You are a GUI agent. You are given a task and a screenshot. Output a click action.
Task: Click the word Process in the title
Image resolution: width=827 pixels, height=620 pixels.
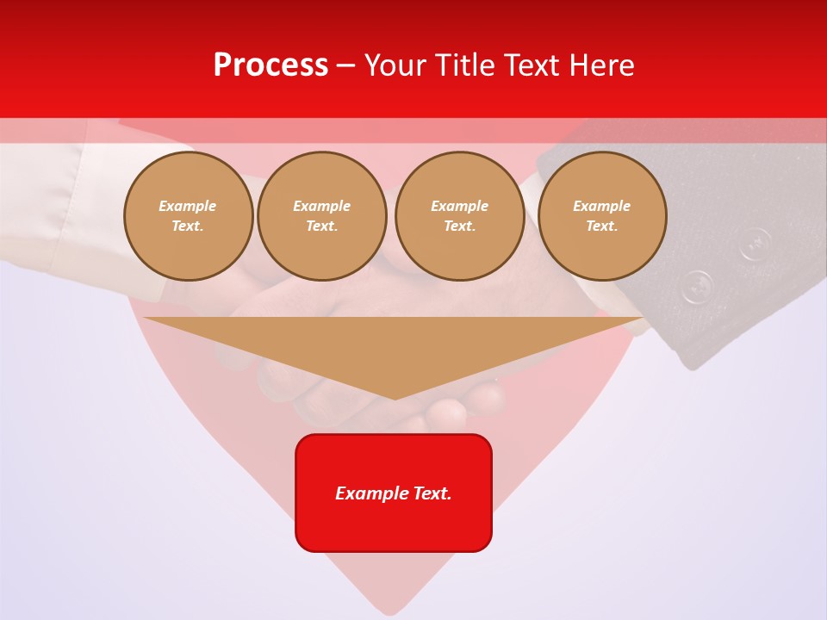[270, 65]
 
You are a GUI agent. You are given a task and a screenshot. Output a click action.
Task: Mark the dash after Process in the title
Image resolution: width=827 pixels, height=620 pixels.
[345, 66]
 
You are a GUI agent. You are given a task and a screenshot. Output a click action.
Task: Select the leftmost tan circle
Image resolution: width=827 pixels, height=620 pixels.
[188, 216]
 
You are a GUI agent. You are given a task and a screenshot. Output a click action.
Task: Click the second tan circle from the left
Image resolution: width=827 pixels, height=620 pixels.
[321, 216]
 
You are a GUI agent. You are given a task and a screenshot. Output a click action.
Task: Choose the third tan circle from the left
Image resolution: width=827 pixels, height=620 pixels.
[459, 216]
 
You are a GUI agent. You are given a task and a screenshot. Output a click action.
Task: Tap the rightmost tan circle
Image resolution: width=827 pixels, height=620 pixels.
[601, 216]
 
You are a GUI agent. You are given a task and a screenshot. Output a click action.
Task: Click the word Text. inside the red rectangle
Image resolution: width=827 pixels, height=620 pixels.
[431, 493]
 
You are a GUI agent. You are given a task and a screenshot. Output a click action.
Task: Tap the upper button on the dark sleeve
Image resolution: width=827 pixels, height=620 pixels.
[755, 243]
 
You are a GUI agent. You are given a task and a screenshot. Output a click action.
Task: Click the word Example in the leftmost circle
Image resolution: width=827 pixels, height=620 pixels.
[188, 206]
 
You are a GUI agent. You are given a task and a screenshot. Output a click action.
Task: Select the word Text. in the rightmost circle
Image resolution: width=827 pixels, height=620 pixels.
[601, 226]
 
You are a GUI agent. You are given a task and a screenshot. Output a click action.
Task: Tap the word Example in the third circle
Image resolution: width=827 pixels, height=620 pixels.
[459, 206]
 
